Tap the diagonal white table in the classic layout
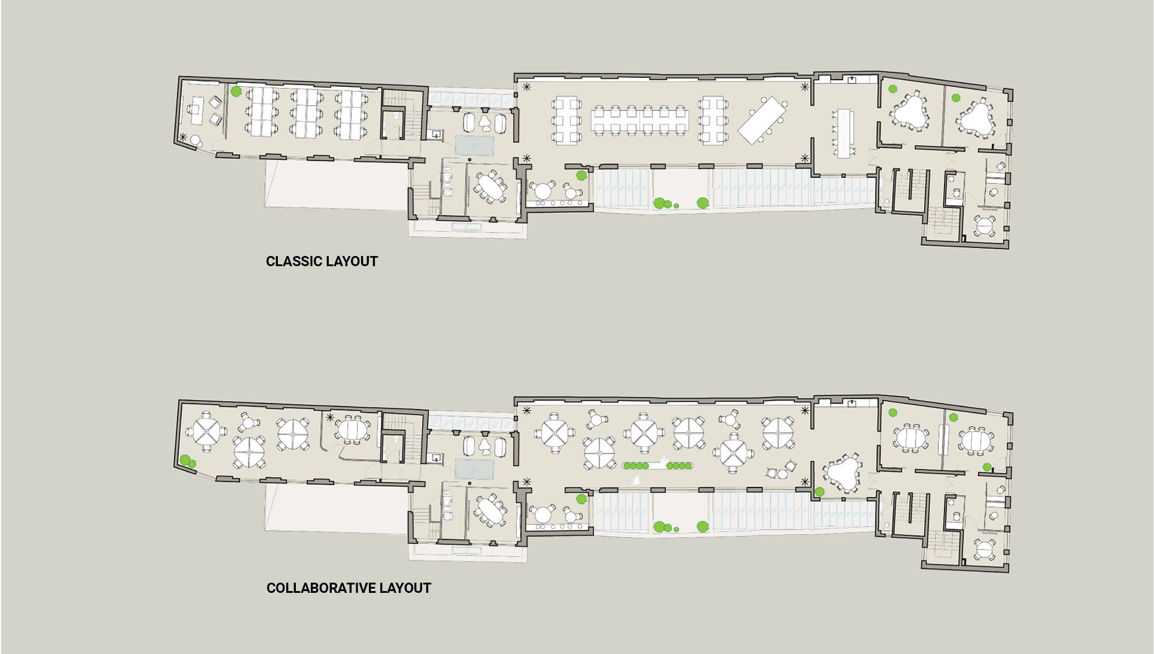point(762,120)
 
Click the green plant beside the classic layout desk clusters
point(236,92)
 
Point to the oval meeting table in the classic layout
point(491,187)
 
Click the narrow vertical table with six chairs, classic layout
point(843,133)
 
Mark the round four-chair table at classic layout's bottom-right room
point(985,227)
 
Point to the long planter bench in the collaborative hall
point(658,465)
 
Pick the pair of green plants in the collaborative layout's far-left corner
point(187,462)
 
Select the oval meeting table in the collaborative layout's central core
point(491,511)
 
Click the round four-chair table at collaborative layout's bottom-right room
point(985,549)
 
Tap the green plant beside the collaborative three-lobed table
point(819,492)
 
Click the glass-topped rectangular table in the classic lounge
point(474,145)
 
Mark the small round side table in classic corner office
point(195,141)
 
